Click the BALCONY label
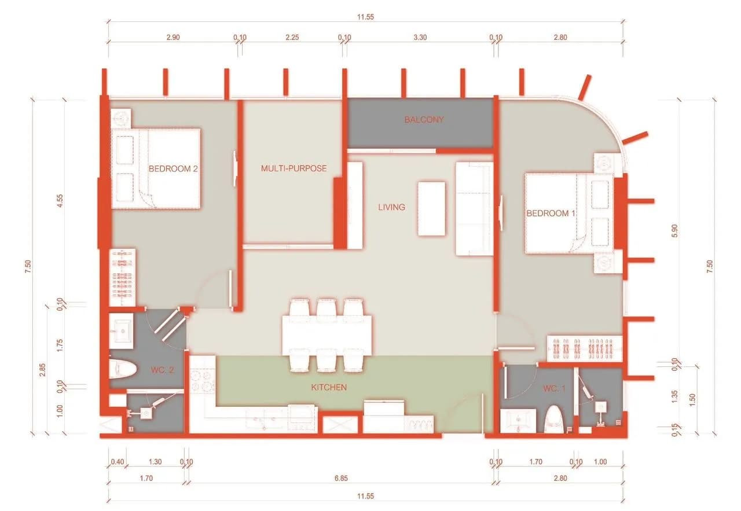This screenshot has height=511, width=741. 424,120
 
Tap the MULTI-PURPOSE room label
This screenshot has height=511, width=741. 294,168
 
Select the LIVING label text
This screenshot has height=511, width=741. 392,207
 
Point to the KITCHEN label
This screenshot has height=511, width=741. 329,387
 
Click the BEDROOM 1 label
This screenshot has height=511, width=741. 551,214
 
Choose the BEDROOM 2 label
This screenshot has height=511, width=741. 173,168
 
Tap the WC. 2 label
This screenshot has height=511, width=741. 163,370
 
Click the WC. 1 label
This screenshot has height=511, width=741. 554,389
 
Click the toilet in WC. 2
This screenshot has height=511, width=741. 123,369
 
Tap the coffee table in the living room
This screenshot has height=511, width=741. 431,208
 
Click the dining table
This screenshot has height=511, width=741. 327,336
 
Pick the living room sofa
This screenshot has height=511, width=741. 474,208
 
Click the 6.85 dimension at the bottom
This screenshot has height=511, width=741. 341,478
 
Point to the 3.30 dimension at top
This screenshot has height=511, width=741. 420,38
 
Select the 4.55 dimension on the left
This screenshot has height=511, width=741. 60,201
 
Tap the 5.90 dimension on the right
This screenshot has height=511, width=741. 675,231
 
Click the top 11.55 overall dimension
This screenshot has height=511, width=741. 365,17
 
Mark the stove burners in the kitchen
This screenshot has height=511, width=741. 202,381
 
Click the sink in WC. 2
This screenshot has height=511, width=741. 122,331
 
